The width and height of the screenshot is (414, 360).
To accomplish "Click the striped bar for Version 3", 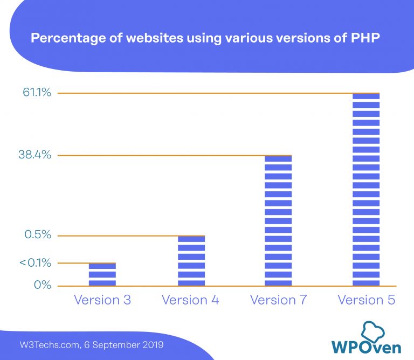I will point(102,274).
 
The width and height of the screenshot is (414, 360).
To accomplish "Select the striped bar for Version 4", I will point(191,261).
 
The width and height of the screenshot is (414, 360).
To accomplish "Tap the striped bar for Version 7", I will point(278,221).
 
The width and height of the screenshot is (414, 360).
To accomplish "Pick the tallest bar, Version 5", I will point(366,190).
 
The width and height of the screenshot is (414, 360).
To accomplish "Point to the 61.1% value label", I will point(37,93).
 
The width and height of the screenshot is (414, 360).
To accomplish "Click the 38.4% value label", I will point(34,155).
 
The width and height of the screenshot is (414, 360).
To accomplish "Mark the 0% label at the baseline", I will point(43,285).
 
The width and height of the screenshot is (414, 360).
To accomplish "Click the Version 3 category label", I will point(102,300).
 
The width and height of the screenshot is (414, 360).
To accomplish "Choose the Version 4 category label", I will point(190,300).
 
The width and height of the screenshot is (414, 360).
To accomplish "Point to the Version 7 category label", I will point(278,300).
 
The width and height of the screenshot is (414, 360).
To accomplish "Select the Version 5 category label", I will point(366,300).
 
